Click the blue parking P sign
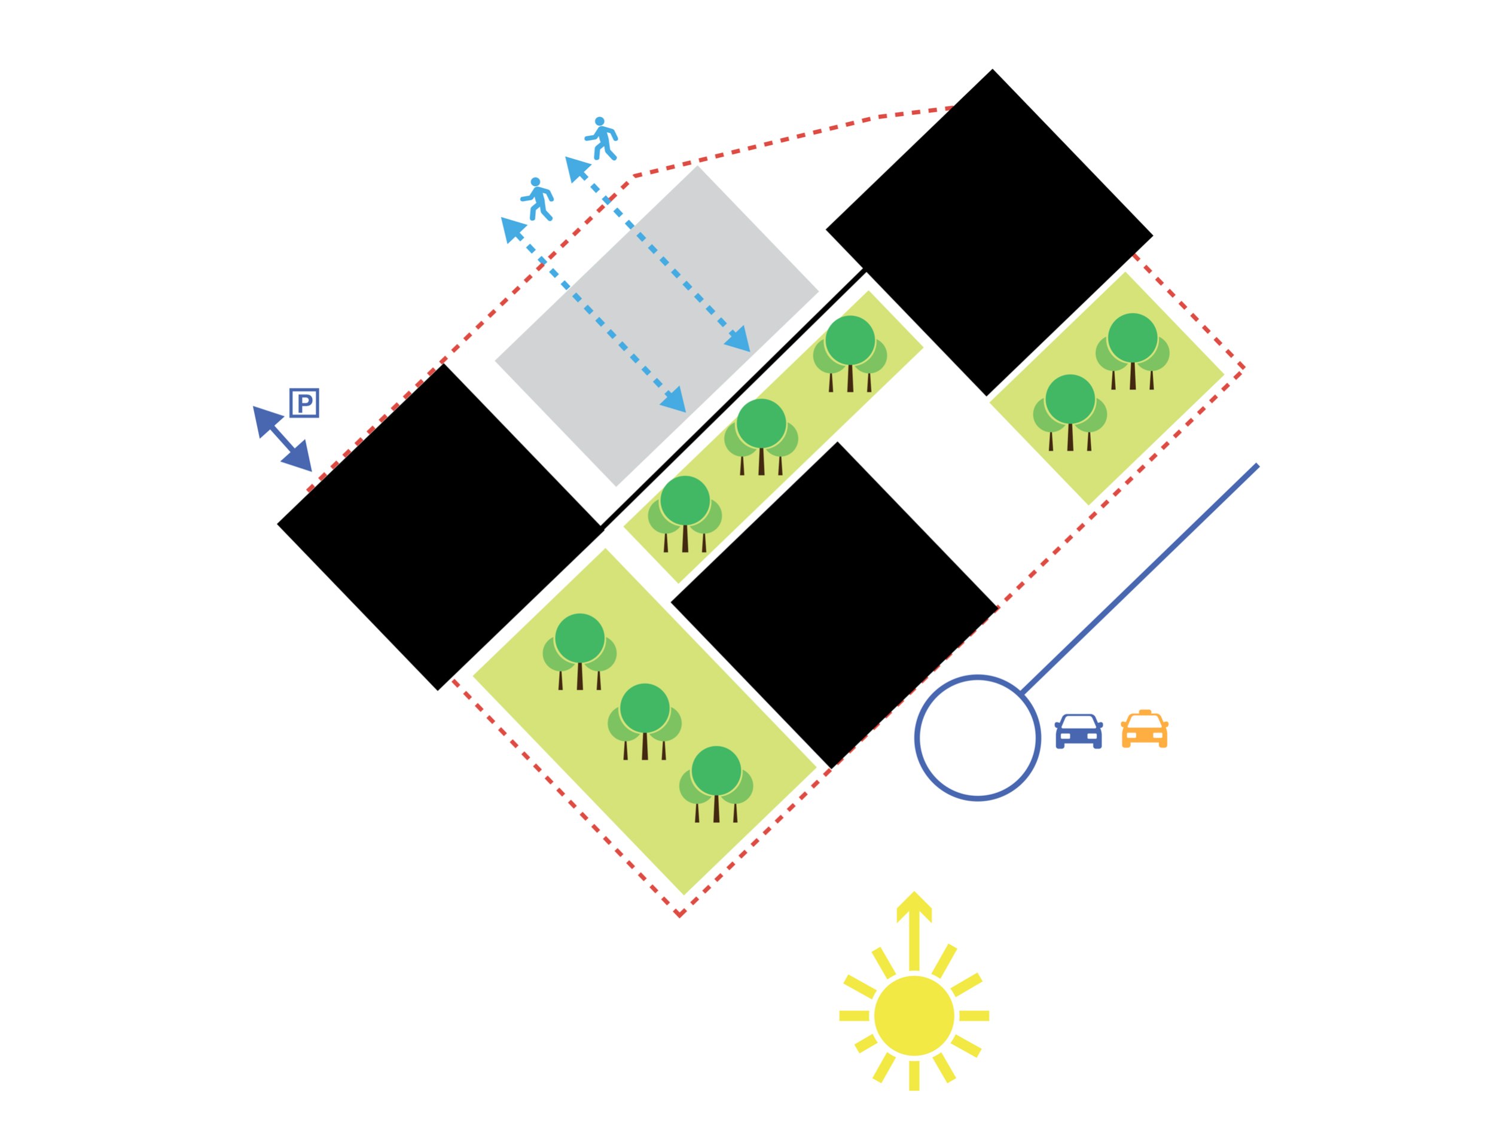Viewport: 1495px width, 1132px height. coord(304,403)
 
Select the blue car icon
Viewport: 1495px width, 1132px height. coord(1079,731)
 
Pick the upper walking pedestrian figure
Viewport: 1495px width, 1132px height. coord(602,139)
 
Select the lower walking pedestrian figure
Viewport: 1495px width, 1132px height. coord(538,199)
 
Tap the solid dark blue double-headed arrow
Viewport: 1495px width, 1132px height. coord(282,438)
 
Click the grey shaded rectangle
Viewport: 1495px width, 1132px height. coord(657,326)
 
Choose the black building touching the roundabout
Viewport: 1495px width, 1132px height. coord(834,605)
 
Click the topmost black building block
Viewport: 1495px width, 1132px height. coord(990,232)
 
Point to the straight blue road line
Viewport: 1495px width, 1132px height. coord(1140,578)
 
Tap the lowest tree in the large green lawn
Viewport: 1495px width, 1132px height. coord(716,784)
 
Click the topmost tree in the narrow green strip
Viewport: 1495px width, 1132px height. coord(850,353)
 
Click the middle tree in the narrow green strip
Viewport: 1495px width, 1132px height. coord(761,437)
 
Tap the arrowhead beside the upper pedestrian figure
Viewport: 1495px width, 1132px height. coord(576,167)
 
